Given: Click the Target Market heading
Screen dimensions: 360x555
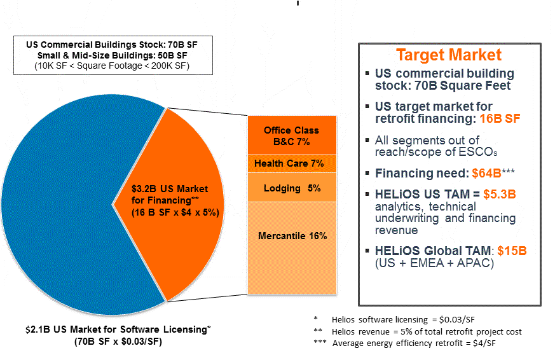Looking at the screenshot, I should click(x=449, y=55).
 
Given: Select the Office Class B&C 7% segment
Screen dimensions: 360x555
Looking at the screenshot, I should click(x=291, y=135).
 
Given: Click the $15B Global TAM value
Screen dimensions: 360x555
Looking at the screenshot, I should click(x=512, y=251).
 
